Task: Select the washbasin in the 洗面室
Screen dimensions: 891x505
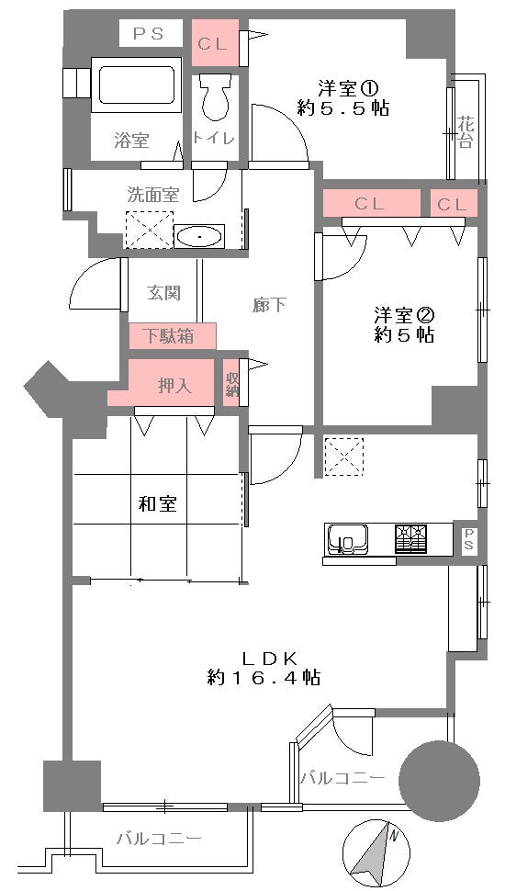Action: click(x=199, y=237)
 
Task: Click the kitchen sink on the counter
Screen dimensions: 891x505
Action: click(x=348, y=539)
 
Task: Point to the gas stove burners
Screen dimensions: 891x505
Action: click(x=411, y=538)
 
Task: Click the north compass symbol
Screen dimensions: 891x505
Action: click(x=375, y=852)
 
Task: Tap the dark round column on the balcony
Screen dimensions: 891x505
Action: click(x=439, y=777)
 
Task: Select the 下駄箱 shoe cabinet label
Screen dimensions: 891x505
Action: click(x=173, y=335)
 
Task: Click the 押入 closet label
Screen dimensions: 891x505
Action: click(x=174, y=386)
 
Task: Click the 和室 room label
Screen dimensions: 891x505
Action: click(x=157, y=504)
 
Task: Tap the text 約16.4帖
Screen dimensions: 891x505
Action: click(x=264, y=678)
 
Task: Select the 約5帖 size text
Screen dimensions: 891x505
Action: click(x=404, y=335)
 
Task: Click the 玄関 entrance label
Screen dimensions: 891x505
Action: click(x=163, y=293)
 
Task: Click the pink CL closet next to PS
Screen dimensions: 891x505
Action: click(x=215, y=42)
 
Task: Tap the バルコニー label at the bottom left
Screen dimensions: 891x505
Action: click(x=159, y=838)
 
